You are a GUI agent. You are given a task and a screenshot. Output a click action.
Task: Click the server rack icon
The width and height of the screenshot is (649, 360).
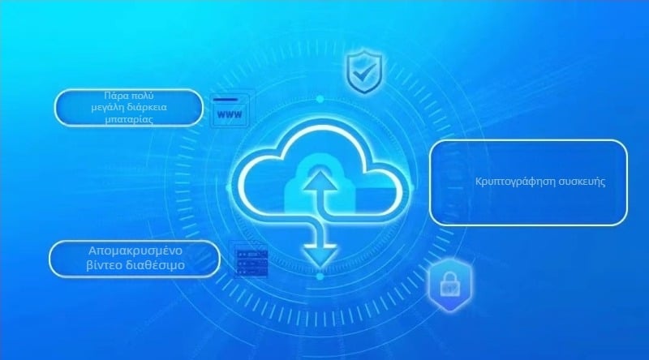click(250, 261)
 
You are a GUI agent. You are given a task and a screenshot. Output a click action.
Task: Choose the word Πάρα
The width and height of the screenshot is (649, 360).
click(116, 95)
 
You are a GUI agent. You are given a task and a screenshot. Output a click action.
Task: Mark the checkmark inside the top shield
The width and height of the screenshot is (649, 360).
click(359, 72)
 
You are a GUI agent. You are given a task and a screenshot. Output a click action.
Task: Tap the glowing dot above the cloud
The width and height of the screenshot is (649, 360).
click(320, 99)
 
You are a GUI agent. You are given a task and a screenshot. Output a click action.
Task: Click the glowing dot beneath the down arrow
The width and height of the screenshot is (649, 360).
click(320, 276)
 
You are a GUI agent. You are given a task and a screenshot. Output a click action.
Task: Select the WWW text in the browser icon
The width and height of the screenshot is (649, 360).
click(230, 114)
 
